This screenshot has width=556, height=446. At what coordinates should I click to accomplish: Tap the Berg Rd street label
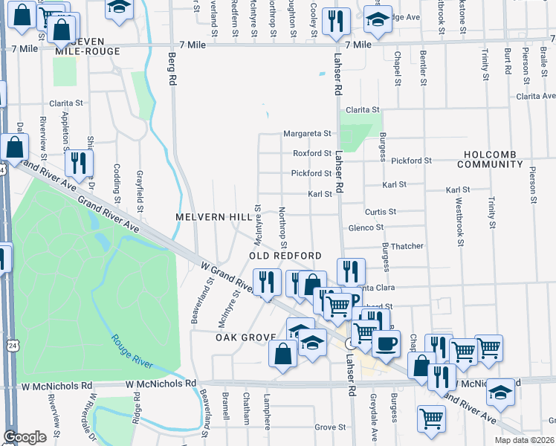coord(172,68)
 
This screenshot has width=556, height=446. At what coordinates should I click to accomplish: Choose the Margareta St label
coord(306,134)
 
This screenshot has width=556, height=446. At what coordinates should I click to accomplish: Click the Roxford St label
coord(311,154)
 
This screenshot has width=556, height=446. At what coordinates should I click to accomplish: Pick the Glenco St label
coord(365,227)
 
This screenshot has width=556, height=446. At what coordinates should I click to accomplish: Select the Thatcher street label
coord(407,246)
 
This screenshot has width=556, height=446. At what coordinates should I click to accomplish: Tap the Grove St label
coord(330,427)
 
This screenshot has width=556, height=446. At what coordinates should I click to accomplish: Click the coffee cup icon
coord(386,343)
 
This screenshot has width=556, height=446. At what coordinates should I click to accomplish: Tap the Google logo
coord(25,437)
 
